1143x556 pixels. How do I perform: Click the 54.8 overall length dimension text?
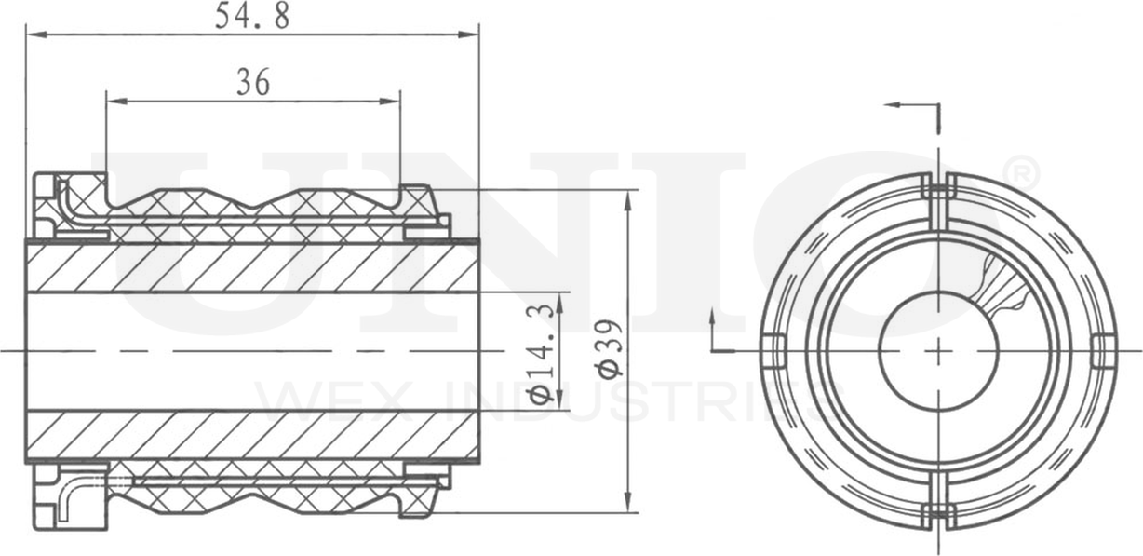click(251, 17)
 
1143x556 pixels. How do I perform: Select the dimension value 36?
click(252, 84)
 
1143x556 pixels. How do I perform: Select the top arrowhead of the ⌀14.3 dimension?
click(559, 301)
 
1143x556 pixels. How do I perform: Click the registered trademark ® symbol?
click(1021, 172)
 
